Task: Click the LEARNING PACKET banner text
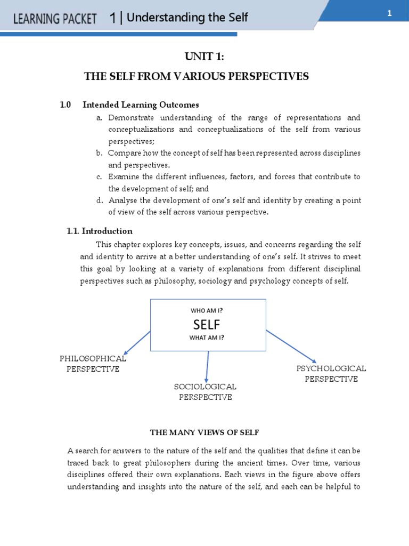point(55,19)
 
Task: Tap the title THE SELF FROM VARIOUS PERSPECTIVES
point(197,77)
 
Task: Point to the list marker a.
point(99,118)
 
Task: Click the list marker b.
point(99,153)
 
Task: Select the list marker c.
point(99,176)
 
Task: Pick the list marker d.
point(99,200)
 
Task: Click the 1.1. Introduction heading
point(100,231)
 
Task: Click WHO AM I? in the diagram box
point(207,310)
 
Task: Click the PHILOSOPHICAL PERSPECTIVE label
point(93,364)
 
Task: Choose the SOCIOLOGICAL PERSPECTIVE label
point(205,392)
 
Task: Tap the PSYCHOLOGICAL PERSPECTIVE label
point(331,374)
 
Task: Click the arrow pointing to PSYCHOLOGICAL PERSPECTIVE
point(292,347)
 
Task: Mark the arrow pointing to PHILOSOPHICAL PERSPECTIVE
point(137,342)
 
